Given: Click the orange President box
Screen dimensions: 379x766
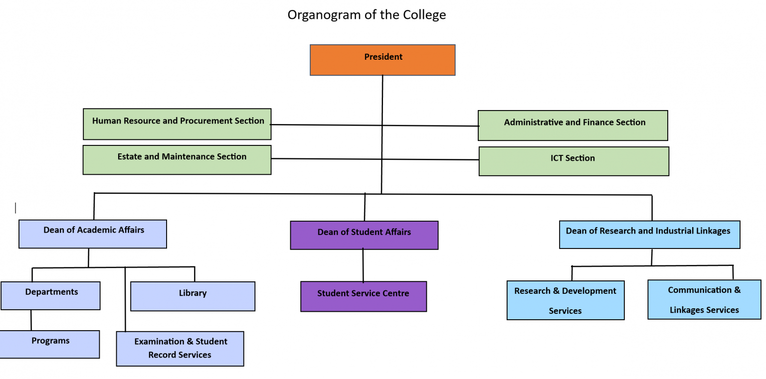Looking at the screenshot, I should pos(383,60).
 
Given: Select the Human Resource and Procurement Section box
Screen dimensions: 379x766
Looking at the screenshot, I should pos(177,124).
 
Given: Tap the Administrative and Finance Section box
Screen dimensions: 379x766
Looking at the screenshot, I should pos(573,126).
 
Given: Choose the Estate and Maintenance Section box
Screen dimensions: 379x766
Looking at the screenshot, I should pos(177,160).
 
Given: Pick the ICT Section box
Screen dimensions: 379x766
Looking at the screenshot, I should pos(574,161).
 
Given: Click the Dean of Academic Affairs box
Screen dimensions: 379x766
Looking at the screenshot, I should pos(93,234).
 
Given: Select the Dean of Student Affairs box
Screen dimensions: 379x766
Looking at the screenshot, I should pos(364,235).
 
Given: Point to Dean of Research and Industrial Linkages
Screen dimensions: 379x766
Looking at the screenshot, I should pos(649,235).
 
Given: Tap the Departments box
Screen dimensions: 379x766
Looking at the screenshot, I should pos(50,295).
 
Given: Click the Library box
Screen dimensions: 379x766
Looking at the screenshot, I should pos(192,296).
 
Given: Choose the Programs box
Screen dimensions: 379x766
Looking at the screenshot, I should pos(49,344).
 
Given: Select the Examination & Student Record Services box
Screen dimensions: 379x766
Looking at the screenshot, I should pos(180,349).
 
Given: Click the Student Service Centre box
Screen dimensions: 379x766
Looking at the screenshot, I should pos(364,296).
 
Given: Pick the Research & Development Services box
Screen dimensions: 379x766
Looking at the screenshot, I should pos(566,300).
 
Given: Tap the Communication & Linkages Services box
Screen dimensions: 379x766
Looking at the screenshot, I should pos(704,299).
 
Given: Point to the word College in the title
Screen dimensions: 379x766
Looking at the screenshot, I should pos(426,15).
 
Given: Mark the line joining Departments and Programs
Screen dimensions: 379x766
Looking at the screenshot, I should pos(31,320).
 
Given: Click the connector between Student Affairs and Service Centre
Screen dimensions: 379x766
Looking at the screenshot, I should pos(363,265).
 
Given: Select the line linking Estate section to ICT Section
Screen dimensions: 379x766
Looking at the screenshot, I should pos(374,159).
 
